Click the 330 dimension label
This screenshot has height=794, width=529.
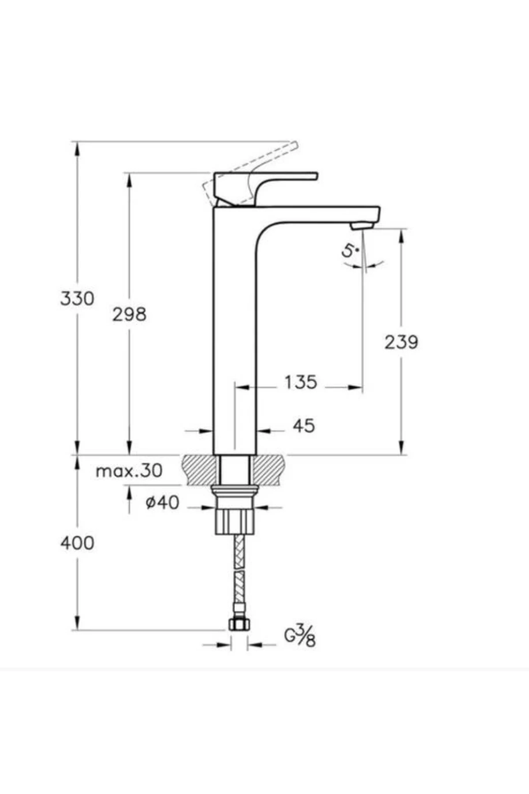77,299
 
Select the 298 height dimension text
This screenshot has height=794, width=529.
129,315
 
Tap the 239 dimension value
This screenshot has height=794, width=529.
401,342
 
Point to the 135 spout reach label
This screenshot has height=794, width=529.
300,382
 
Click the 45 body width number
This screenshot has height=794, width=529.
304,426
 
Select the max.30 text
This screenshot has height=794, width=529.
129,471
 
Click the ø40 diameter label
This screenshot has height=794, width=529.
162,502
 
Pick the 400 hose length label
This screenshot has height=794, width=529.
77,543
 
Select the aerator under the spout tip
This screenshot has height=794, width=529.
362,226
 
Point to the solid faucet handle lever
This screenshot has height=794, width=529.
264,176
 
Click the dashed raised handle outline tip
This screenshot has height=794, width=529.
294,145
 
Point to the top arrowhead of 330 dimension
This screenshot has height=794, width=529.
77,148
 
